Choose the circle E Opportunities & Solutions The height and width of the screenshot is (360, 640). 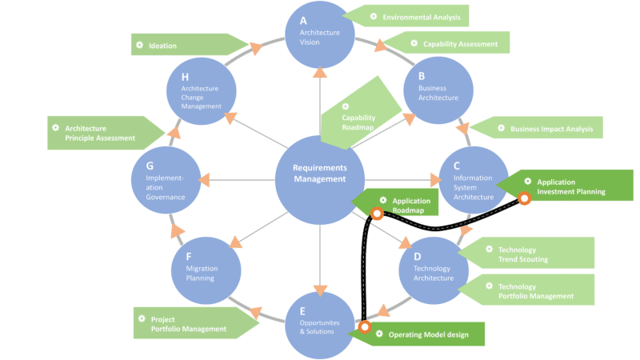pos(319,325)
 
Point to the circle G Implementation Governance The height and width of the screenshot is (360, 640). pos(165,179)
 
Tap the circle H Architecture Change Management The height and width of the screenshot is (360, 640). pos(199,90)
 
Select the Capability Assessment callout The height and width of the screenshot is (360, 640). pos(448,43)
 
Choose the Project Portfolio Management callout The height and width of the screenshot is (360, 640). pos(192,323)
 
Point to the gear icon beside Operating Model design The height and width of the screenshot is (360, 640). pos(378,334)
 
